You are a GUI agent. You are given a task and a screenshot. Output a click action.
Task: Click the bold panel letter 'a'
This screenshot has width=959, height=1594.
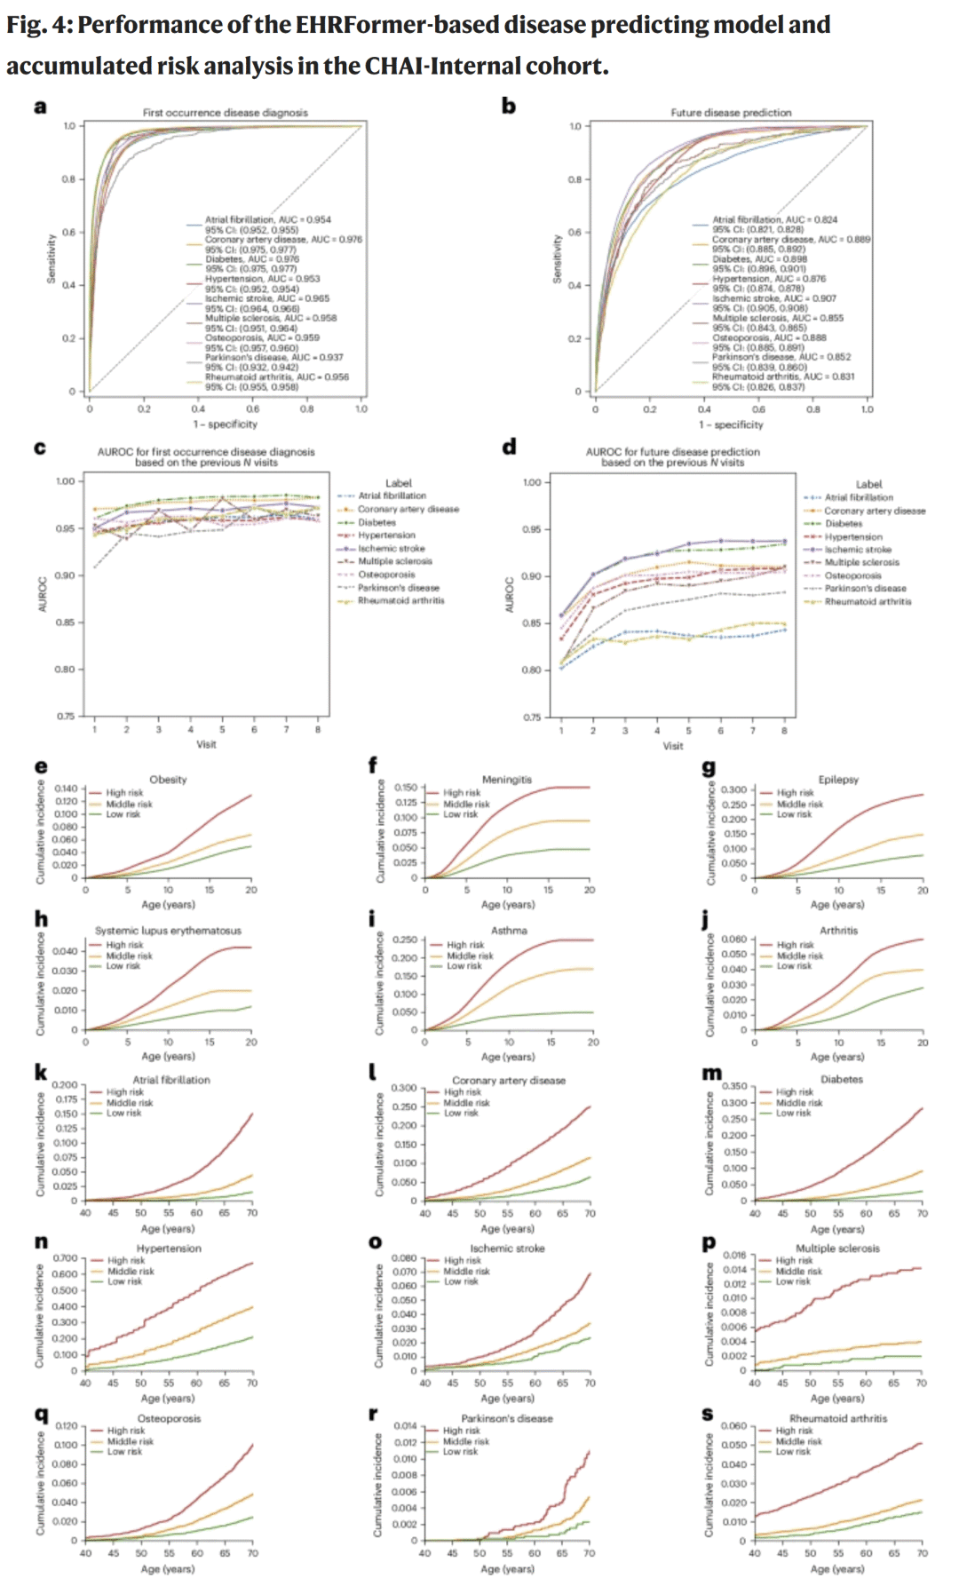[x=40, y=107]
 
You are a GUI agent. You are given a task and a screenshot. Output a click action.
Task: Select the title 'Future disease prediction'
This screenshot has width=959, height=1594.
[x=730, y=113]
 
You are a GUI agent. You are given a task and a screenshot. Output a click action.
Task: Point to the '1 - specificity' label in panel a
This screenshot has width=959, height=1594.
[x=226, y=424]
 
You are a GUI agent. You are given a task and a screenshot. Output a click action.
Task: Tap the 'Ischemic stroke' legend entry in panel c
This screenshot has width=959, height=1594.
[x=391, y=549]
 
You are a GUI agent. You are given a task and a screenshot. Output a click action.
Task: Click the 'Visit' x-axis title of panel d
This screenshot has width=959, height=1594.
[x=673, y=746]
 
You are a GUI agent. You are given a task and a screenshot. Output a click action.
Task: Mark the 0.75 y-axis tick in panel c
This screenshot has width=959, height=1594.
[x=66, y=717]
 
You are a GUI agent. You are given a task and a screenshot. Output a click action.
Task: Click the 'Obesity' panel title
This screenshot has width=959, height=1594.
[x=168, y=780]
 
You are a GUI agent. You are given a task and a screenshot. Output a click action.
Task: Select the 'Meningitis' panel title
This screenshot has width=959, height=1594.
[x=507, y=780]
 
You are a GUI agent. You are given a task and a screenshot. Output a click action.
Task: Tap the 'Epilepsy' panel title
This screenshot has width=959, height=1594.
[x=838, y=780]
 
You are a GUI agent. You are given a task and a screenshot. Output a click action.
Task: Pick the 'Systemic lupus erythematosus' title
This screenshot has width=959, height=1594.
[x=168, y=931]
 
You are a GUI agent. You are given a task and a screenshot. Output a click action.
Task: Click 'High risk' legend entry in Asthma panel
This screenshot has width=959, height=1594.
[x=464, y=945]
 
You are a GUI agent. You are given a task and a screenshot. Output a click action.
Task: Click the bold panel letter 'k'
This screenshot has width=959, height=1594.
[x=41, y=1074]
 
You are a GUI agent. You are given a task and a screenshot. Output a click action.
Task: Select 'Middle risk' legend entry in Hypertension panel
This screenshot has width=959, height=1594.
[x=131, y=1272]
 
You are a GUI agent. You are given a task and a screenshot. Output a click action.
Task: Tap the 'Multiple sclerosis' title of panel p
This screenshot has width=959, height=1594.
[x=837, y=1249]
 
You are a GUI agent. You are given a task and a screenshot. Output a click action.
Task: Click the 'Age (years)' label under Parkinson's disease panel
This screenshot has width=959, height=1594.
[x=507, y=1569]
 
